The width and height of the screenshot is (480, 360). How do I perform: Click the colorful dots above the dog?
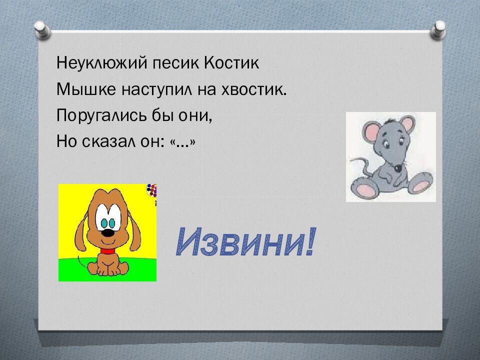(152, 191)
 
